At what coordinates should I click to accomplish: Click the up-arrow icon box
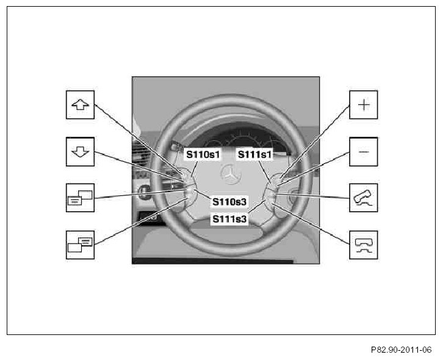pos(81,104)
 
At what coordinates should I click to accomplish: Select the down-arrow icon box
pos(81,151)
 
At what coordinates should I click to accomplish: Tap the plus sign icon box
pos(364,104)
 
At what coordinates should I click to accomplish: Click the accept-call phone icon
pos(364,197)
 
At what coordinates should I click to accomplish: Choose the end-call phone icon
pos(364,244)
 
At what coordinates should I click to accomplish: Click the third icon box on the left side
pos(81,197)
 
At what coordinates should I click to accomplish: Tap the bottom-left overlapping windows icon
pos(81,244)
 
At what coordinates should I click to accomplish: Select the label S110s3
pos(229,200)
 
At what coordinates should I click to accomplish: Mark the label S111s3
pos(229,218)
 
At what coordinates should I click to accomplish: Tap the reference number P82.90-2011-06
pos(400,350)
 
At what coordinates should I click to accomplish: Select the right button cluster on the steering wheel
pos(274,189)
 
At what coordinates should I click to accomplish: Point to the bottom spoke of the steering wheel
pos(226,232)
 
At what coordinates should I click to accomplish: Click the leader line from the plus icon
pos(317,141)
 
